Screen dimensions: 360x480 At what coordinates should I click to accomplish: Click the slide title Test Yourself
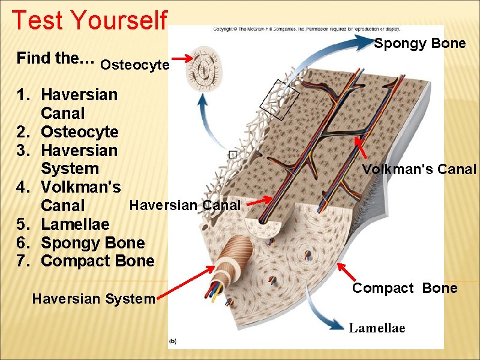point(89,20)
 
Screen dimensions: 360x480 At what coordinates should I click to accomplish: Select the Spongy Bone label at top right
point(420,43)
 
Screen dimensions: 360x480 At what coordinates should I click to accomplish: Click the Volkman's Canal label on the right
point(419,169)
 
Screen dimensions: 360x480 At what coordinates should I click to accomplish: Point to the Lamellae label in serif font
point(377,328)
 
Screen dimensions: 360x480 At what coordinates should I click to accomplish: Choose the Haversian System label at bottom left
point(93,298)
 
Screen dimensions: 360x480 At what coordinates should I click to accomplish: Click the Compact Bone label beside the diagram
point(404,288)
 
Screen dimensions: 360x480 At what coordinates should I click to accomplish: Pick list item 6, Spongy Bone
point(92,242)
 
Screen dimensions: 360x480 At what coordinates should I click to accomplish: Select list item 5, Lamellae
point(75,224)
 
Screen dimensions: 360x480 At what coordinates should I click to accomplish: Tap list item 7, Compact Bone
point(97,261)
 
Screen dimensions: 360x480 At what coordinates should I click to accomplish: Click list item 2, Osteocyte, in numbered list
point(79,131)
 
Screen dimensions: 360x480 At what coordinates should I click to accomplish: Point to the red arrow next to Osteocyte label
point(182,59)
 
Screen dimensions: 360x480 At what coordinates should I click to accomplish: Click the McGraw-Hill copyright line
point(306,28)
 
